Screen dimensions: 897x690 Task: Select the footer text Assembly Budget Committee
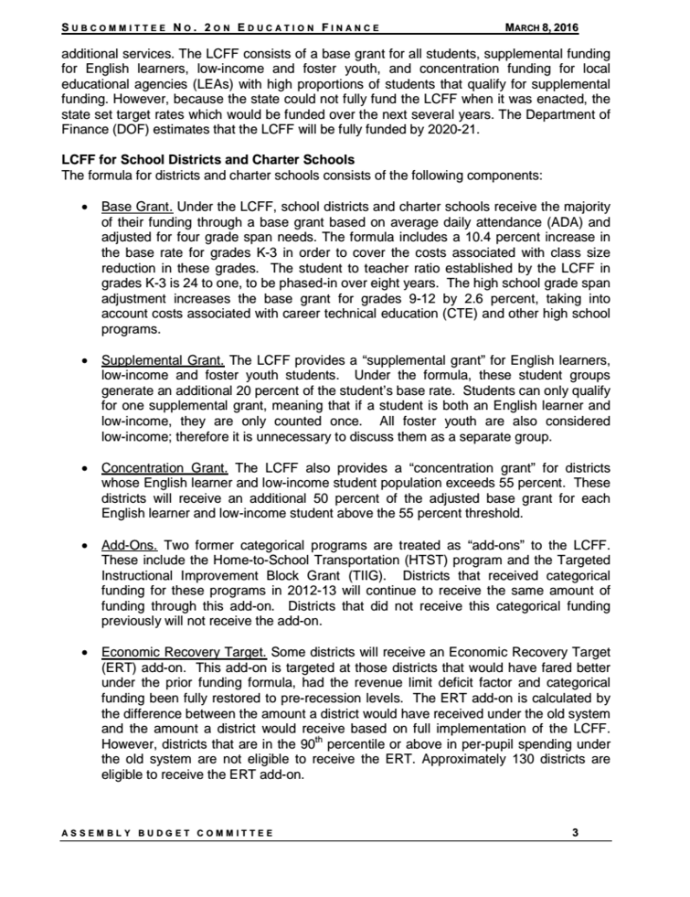click(167, 832)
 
